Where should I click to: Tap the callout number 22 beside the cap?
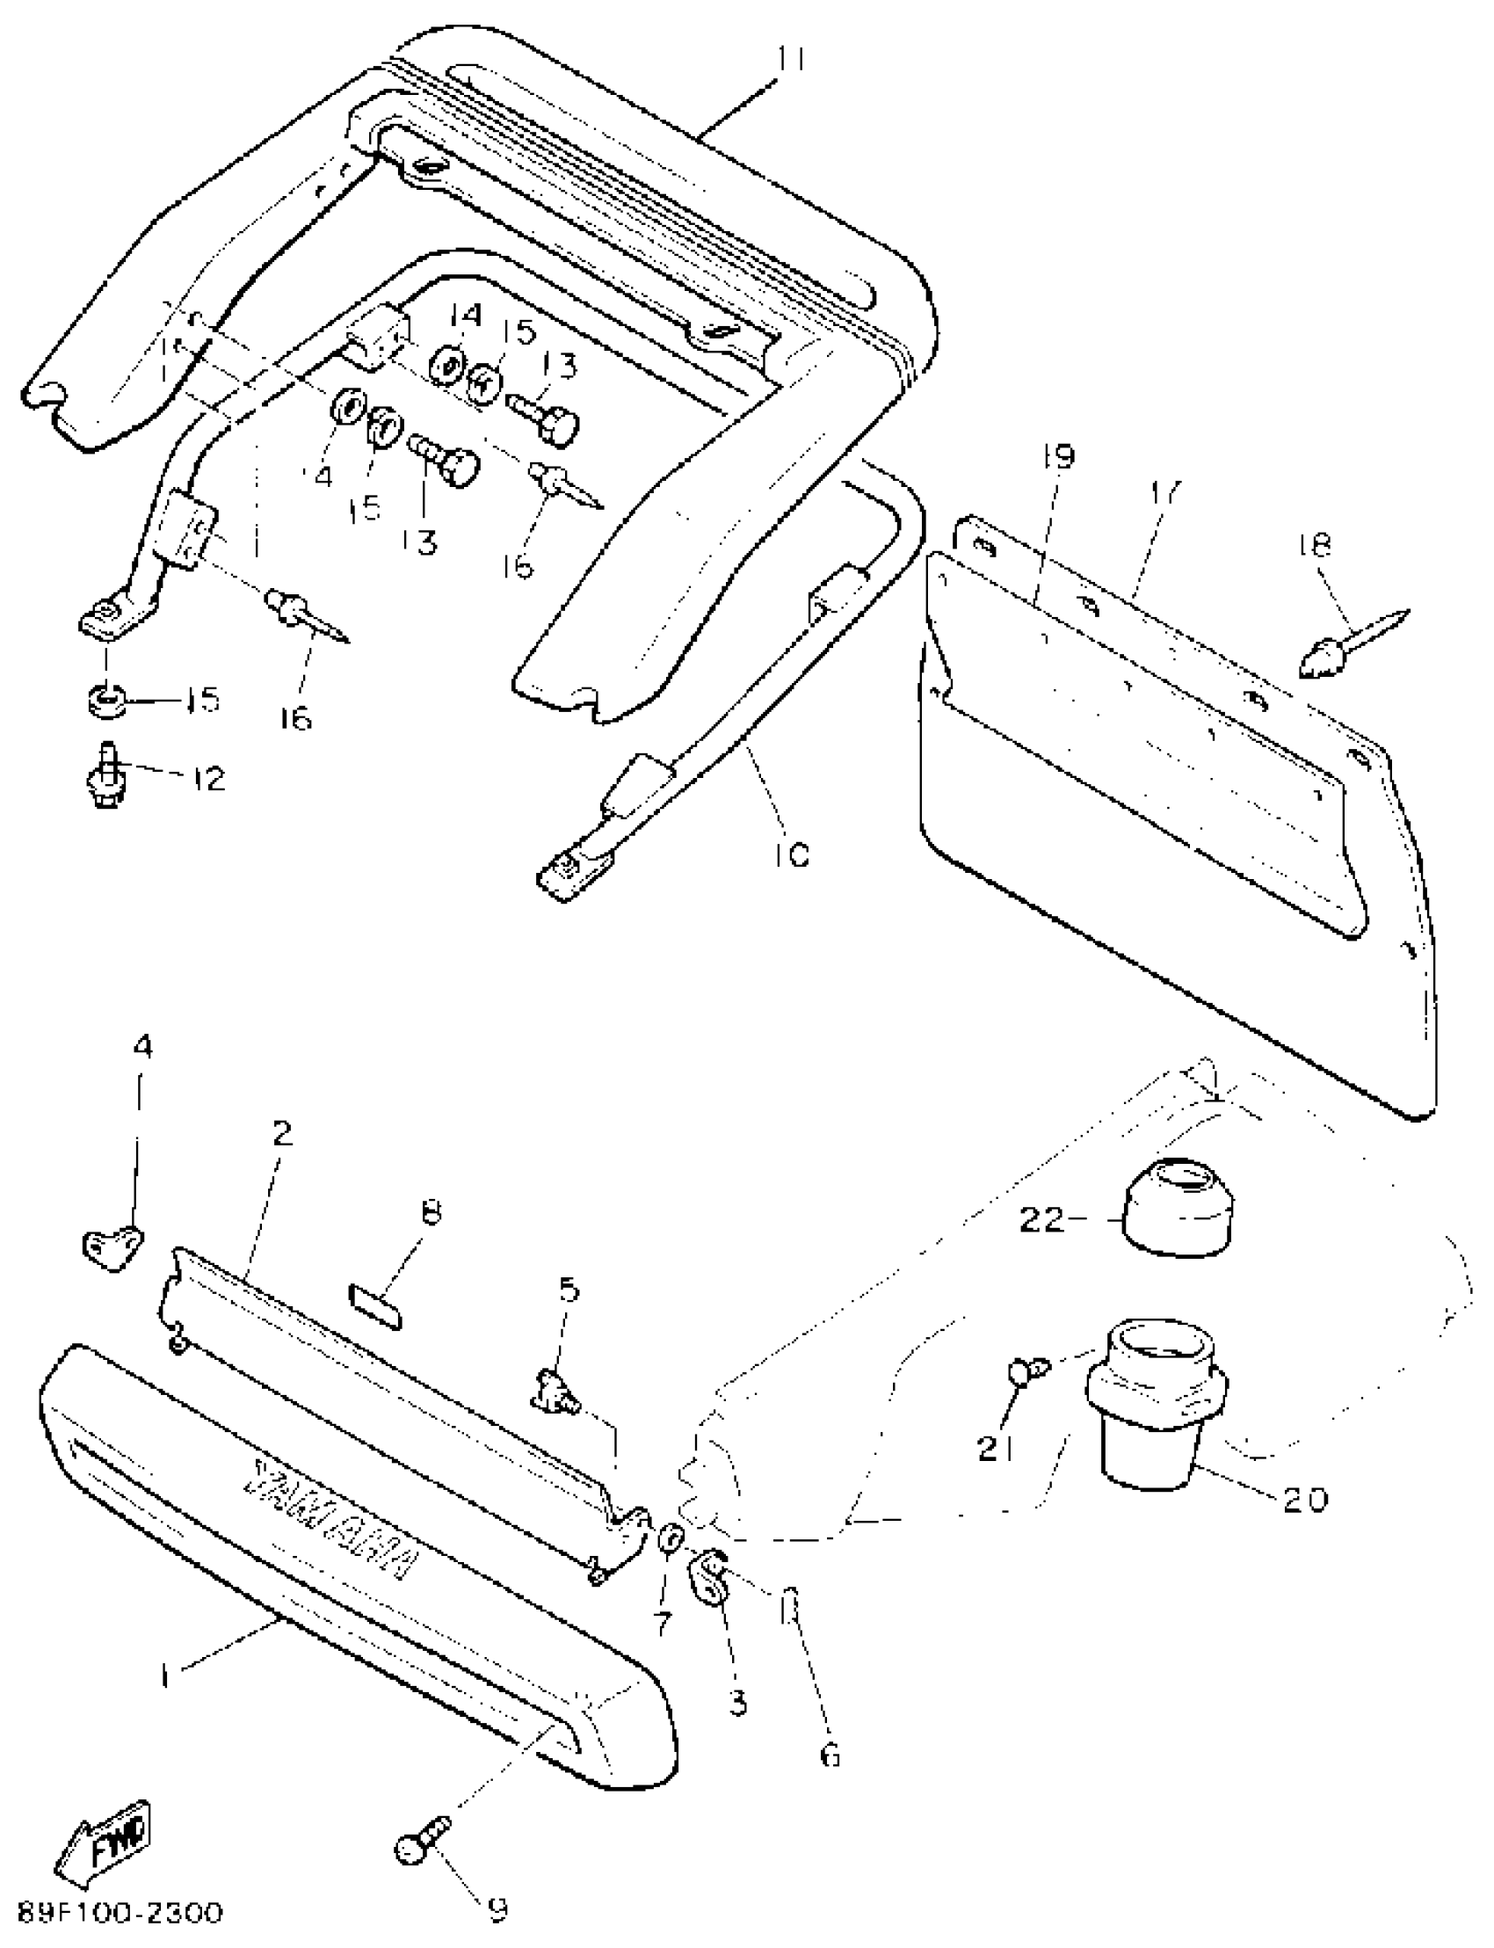pos(1041,1219)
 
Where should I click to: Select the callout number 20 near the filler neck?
pos(1303,1500)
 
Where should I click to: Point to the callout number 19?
pos(1058,456)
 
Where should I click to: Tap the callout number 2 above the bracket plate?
pos(282,1134)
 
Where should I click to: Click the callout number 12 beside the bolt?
pos(207,778)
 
